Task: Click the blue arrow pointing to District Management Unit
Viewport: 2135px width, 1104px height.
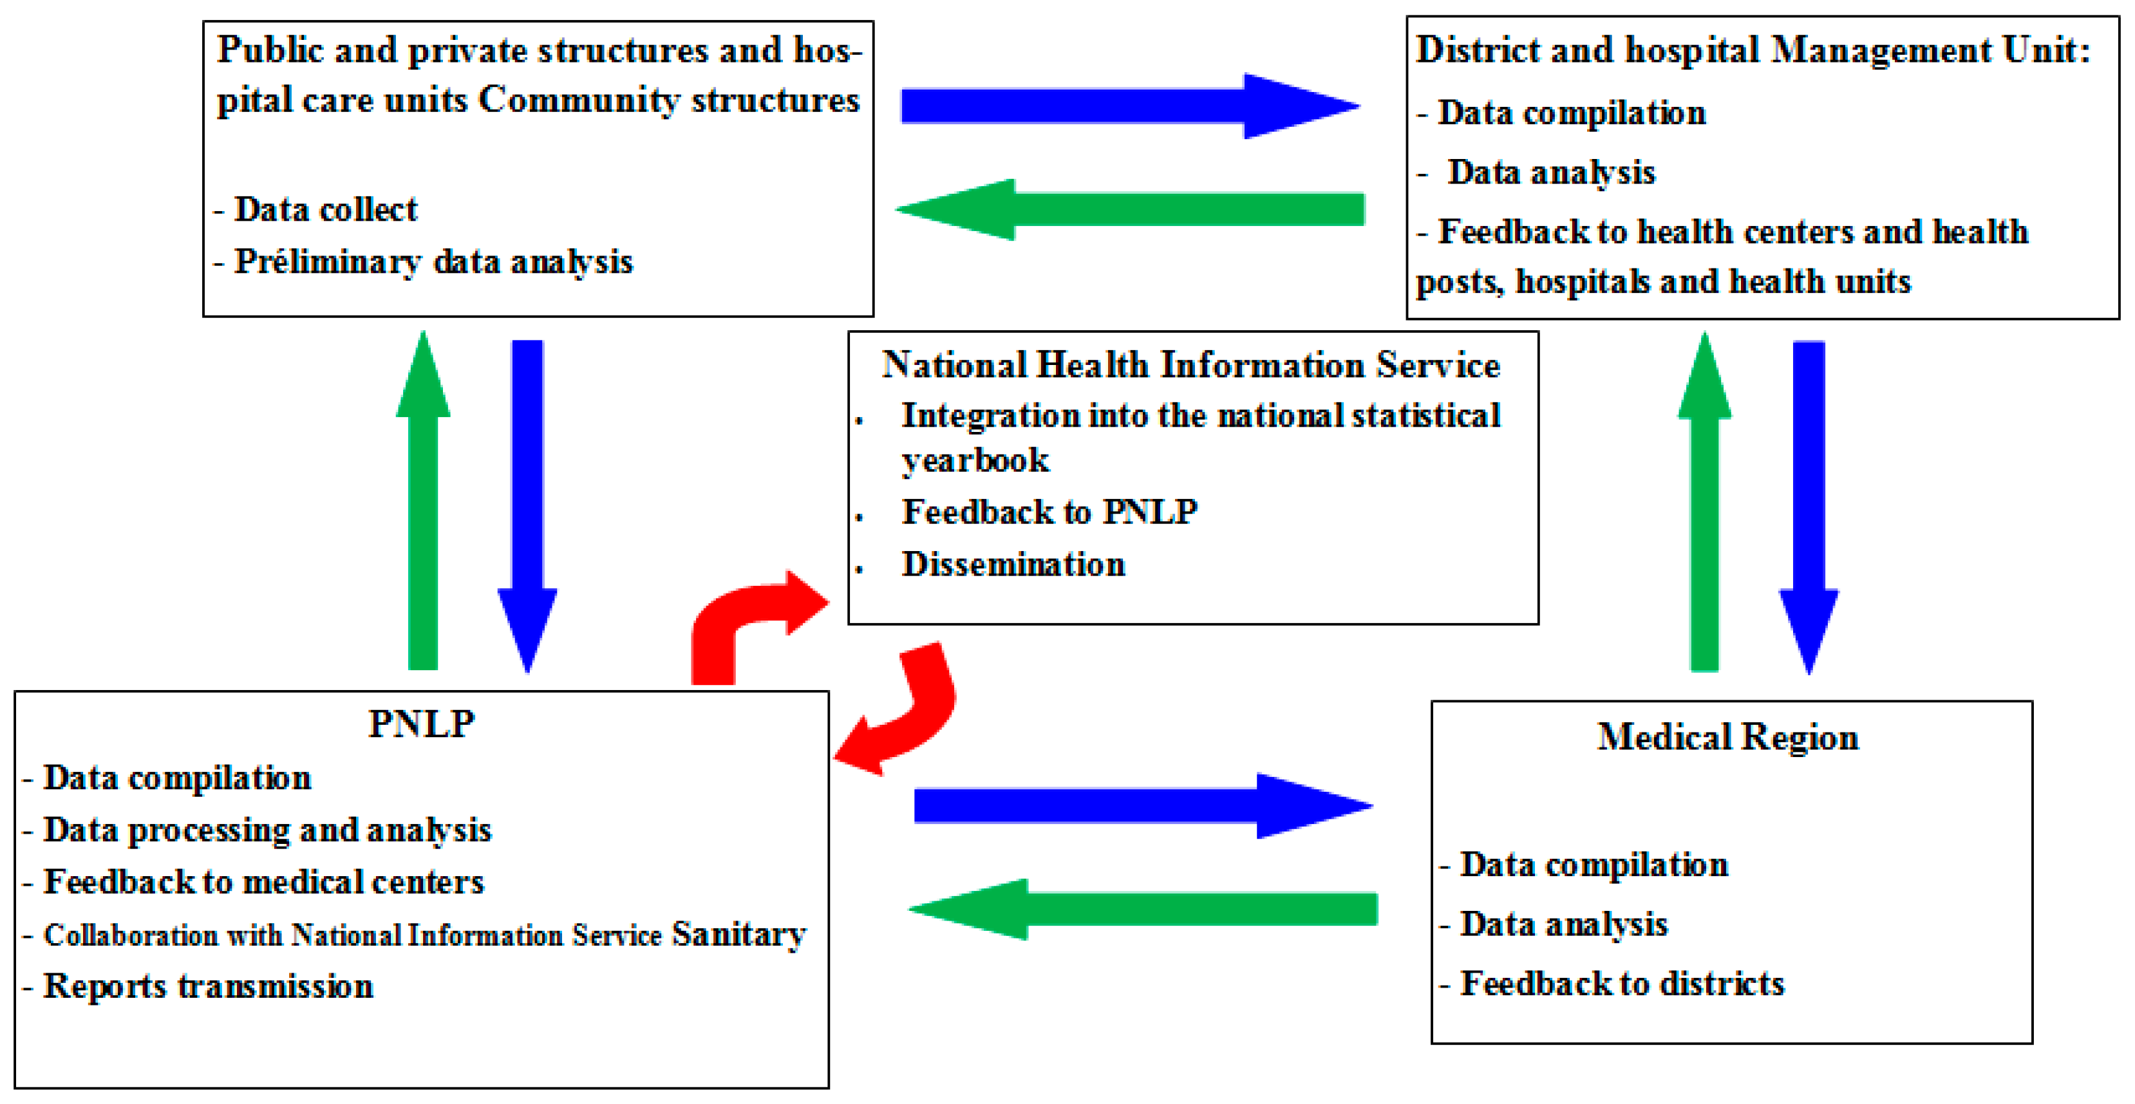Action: point(1127,106)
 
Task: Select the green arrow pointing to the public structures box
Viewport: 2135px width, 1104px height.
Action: point(1127,209)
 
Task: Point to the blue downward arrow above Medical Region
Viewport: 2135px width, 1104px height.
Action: point(1809,505)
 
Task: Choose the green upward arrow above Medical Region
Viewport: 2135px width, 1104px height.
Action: point(1704,505)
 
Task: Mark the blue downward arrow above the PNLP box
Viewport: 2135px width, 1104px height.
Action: point(527,505)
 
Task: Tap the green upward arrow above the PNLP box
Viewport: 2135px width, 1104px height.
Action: point(423,505)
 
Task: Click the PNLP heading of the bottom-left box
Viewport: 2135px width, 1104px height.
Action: point(421,724)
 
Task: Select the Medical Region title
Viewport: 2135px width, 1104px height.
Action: point(1728,737)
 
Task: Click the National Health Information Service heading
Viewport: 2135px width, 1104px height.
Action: point(1191,365)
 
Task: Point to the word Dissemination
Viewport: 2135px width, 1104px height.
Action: point(1013,565)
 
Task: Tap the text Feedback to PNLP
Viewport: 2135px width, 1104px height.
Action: point(1049,511)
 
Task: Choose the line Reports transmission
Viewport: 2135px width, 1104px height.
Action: point(208,986)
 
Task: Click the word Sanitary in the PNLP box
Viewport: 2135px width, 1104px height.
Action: point(738,934)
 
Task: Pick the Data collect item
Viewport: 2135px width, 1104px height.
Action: point(325,209)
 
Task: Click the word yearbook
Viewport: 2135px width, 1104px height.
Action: point(975,461)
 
